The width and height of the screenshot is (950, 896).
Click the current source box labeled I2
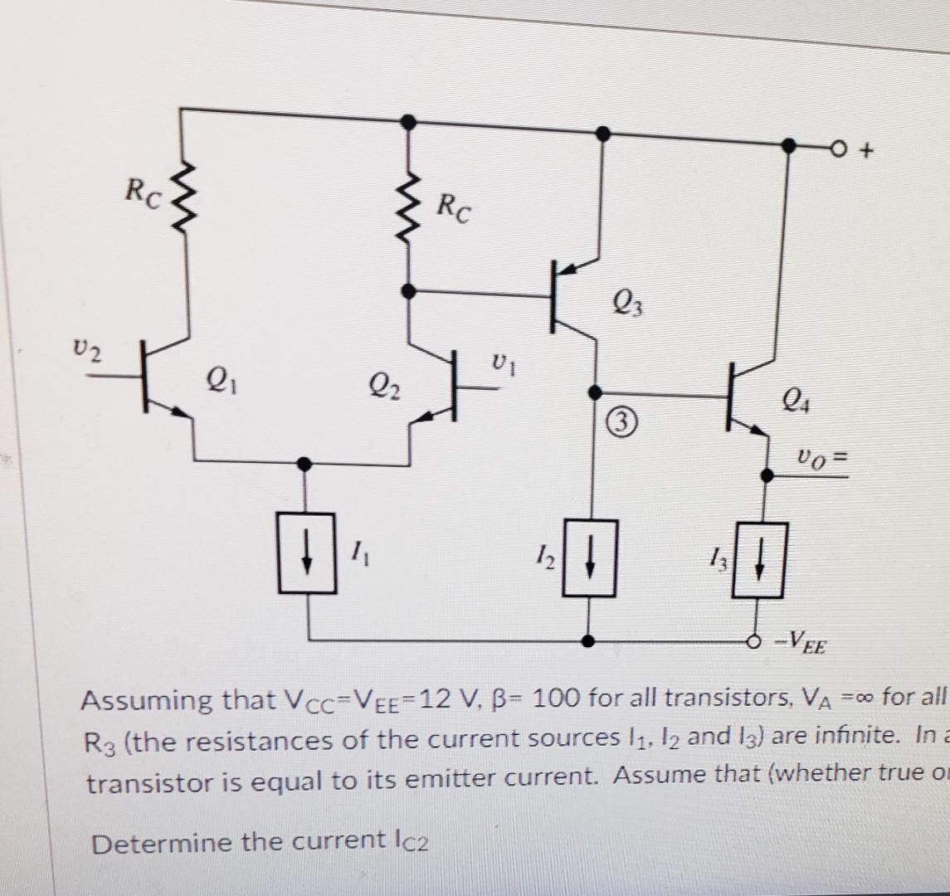coord(589,558)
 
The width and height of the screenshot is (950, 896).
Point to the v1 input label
coord(500,363)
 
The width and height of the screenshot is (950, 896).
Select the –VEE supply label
coord(797,641)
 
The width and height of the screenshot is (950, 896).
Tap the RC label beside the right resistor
coord(455,209)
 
